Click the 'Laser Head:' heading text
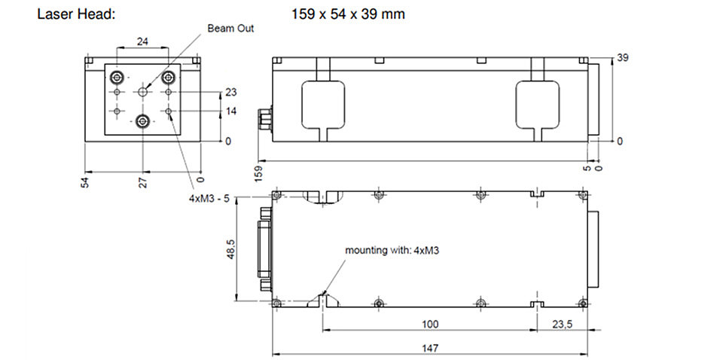coord(75,14)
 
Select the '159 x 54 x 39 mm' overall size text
coord(348,14)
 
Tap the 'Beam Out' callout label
coord(230,29)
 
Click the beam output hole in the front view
coord(143,92)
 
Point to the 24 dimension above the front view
coord(142,41)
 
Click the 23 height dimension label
coord(231,93)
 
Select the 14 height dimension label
coord(231,111)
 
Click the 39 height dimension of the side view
coord(623,58)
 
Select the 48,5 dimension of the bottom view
coord(230,249)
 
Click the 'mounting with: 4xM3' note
coord(389,251)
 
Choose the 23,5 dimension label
coord(562,325)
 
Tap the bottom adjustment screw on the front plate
coord(143,121)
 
